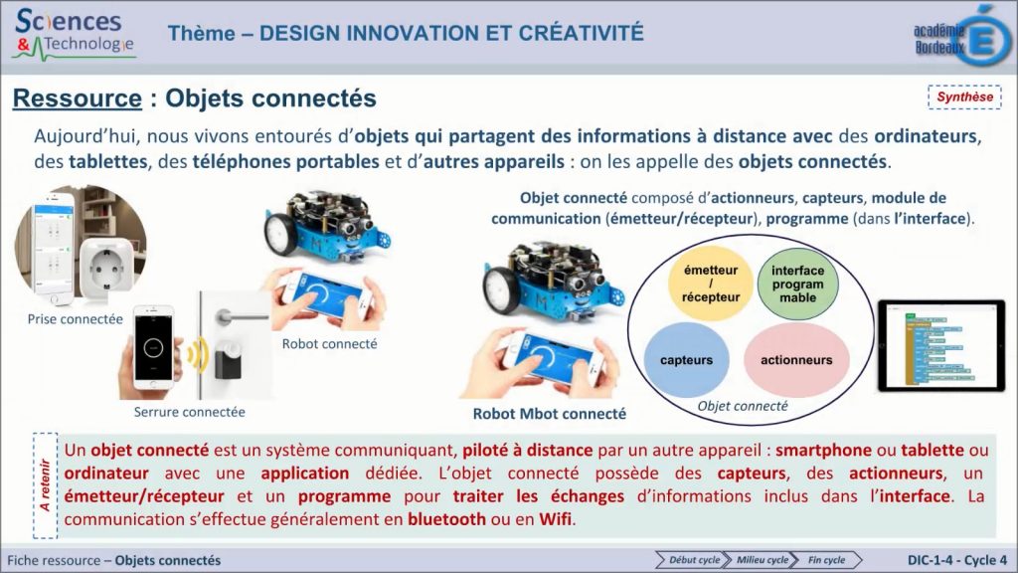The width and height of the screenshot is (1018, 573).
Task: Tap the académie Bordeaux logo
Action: pos(960,34)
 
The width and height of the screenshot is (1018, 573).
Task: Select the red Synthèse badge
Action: pos(963,97)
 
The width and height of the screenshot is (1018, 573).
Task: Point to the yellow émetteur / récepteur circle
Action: pos(711,284)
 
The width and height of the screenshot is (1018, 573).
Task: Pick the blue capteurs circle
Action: pos(686,360)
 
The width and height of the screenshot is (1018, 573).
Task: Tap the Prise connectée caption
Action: pos(76,319)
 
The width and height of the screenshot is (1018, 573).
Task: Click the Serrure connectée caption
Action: pos(189,411)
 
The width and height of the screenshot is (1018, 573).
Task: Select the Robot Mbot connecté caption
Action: pos(549,414)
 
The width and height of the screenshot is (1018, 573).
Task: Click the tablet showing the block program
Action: pos(939,346)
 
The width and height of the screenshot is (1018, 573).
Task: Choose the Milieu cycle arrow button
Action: pos(762,560)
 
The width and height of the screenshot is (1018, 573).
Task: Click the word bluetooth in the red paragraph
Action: pos(446,518)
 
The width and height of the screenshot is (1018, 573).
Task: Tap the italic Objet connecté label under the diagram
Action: pos(742,406)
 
